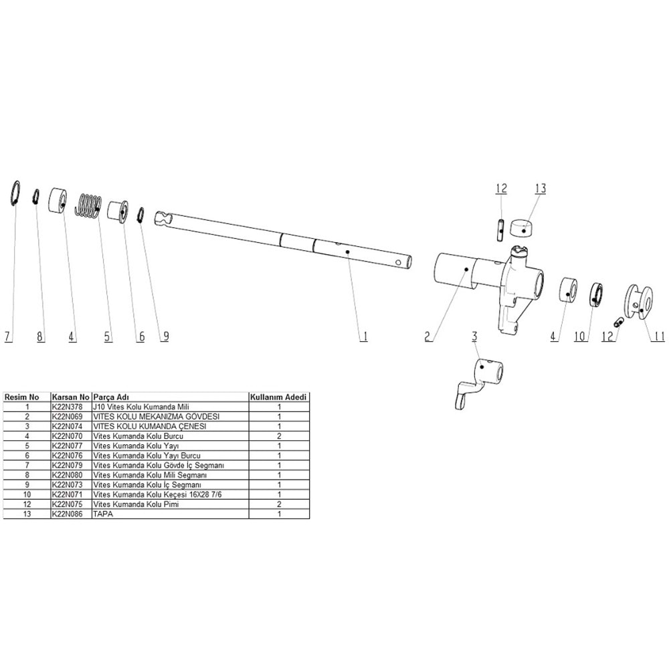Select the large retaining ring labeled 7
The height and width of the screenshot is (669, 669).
15,193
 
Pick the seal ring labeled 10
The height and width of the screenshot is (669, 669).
597,295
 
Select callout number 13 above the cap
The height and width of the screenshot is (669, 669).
540,189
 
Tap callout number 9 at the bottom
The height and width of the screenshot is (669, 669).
164,337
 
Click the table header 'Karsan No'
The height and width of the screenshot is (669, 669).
70,397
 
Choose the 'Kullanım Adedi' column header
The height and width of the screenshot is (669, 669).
278,397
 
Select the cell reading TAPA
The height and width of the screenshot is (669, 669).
102,514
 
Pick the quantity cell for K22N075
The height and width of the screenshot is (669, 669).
278,504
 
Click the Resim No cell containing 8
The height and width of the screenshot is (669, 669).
27,475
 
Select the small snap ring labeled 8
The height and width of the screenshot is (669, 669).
36,198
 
